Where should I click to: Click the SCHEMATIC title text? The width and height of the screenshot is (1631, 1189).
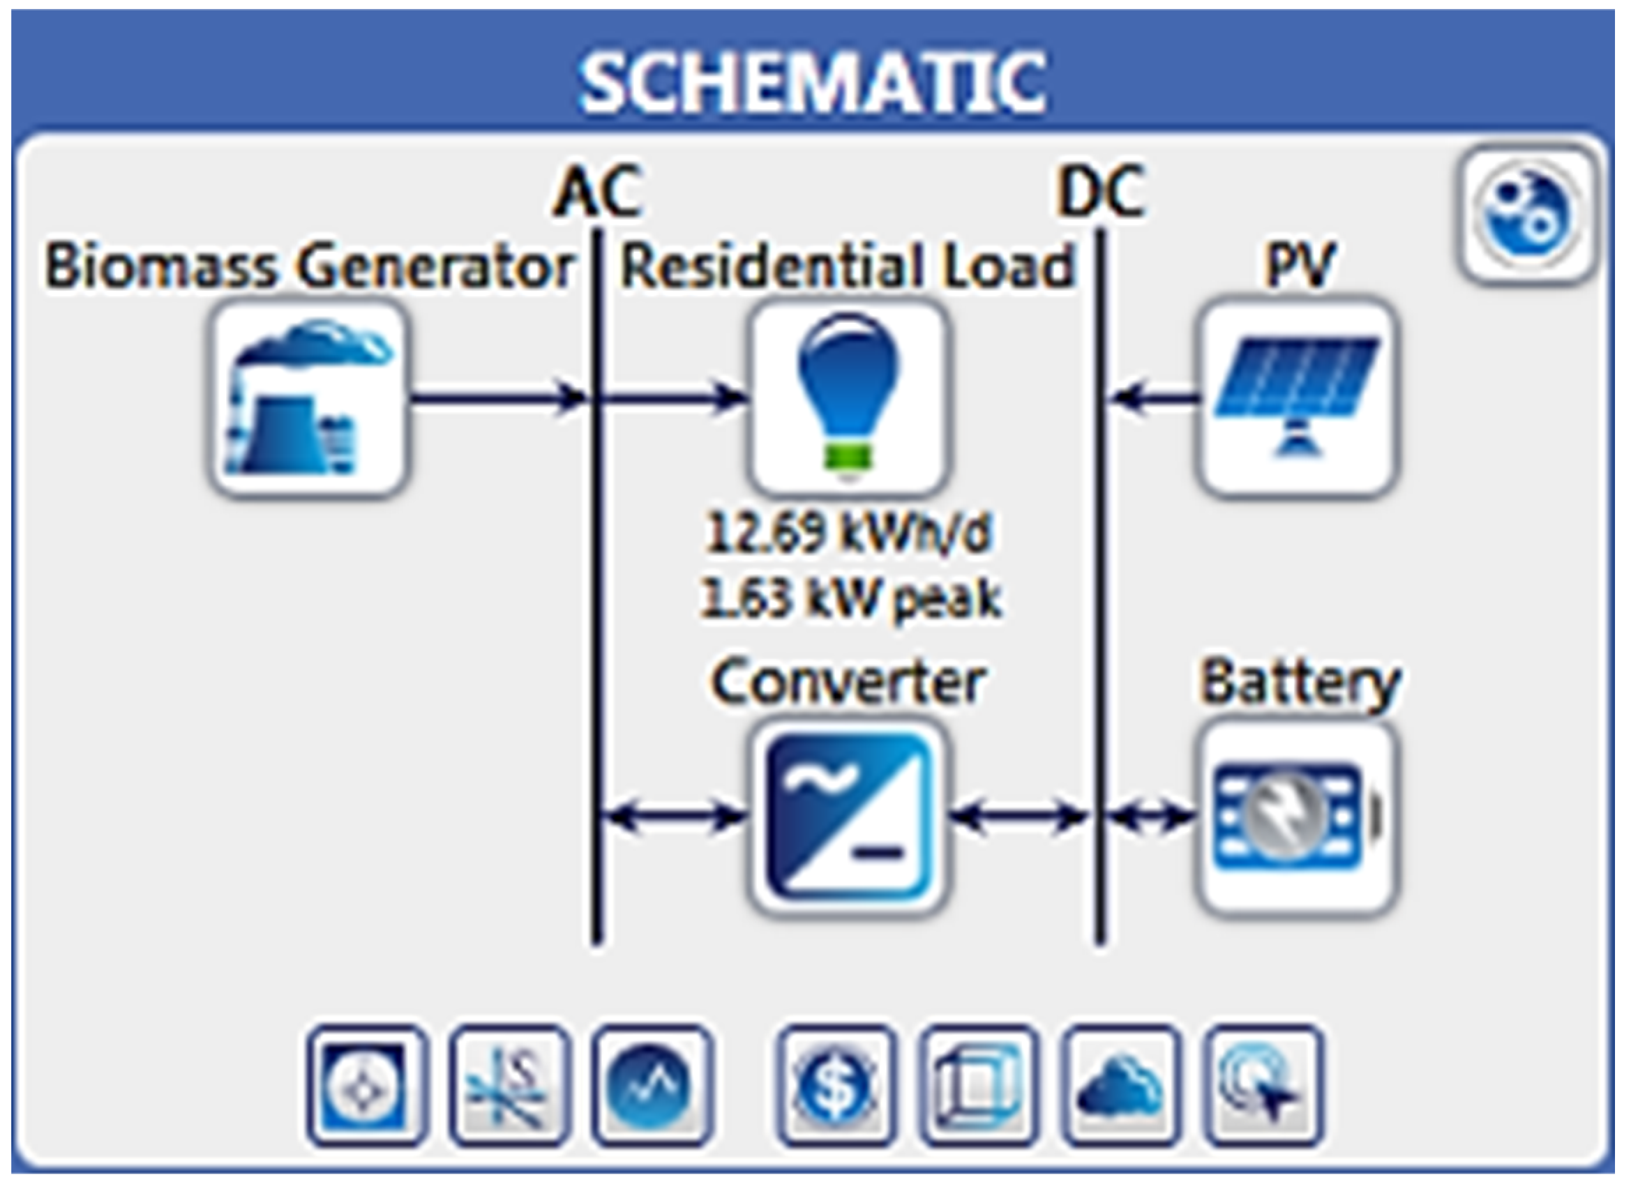click(813, 84)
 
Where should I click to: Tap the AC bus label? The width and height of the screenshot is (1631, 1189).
click(596, 192)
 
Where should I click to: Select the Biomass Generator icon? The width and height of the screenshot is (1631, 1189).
click(308, 399)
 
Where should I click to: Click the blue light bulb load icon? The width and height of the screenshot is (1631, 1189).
click(848, 397)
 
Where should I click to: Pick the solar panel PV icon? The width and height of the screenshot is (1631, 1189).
click(1298, 397)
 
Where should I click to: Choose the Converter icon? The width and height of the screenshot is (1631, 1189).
click(848, 818)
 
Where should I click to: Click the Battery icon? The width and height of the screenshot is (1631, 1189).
click(1298, 818)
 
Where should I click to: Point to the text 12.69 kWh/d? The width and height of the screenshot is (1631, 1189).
click(848, 534)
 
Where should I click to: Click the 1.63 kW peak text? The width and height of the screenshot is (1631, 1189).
click(849, 598)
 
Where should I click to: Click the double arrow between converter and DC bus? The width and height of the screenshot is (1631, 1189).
click(1019, 816)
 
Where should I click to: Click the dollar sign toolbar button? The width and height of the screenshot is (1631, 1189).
click(836, 1085)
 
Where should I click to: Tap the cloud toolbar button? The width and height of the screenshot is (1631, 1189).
click(1120, 1085)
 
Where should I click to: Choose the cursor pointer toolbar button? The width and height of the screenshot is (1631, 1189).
click(1263, 1085)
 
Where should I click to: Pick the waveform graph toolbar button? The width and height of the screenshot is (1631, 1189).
click(652, 1085)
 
